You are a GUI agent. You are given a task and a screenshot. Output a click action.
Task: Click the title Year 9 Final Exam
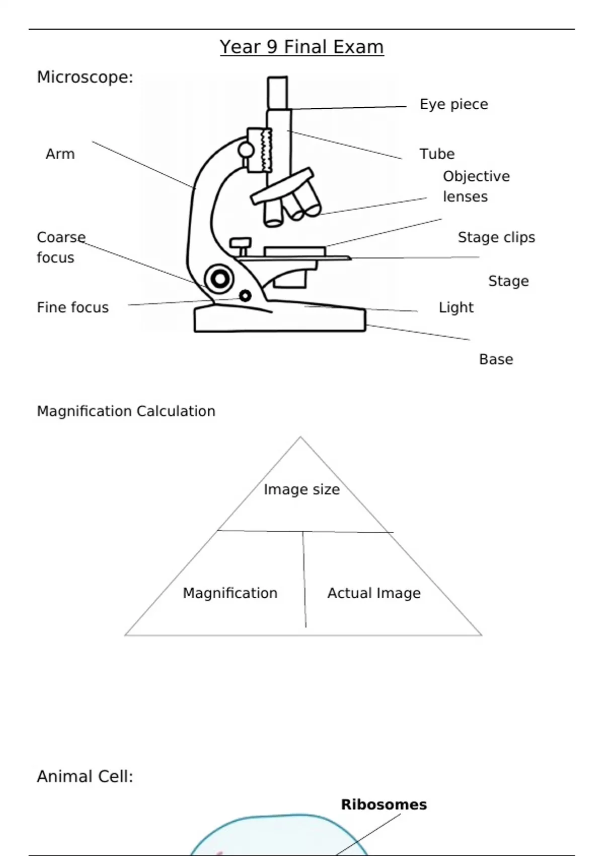(x=301, y=47)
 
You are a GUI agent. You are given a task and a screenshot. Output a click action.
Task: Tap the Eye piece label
(x=454, y=104)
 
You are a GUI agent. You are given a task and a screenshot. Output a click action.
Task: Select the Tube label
(x=437, y=154)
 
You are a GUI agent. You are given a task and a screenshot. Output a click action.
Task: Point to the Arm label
(x=60, y=154)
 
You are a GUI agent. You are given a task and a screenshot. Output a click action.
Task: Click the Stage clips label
(x=496, y=237)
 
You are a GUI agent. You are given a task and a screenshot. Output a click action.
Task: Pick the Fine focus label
(x=72, y=307)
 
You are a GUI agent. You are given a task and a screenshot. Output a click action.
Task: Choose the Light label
(x=456, y=307)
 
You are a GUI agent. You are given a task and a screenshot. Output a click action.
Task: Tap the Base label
(x=496, y=359)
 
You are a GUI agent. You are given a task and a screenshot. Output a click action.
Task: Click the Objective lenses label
(x=476, y=186)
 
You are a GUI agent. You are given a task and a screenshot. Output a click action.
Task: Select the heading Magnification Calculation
(x=126, y=411)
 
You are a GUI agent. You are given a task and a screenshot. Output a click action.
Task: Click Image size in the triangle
(x=301, y=489)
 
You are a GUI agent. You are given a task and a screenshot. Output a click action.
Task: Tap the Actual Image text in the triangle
(x=373, y=593)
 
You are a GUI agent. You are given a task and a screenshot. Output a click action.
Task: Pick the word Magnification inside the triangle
(x=230, y=593)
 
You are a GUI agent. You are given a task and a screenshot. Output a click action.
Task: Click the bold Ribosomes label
(x=384, y=805)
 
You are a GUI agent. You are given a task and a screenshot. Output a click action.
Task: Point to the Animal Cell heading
(x=85, y=776)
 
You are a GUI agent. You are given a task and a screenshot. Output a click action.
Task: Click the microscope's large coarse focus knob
(x=219, y=278)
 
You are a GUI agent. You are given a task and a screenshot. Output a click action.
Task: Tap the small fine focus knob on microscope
(x=245, y=296)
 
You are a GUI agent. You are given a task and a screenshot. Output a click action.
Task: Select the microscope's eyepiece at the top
(x=277, y=93)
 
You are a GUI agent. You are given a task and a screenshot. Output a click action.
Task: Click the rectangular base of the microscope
(x=280, y=320)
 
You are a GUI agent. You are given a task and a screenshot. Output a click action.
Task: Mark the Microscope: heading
(x=85, y=77)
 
